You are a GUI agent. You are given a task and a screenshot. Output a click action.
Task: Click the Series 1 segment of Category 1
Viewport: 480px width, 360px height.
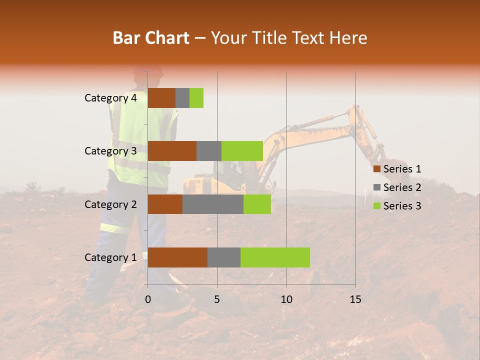(177, 257)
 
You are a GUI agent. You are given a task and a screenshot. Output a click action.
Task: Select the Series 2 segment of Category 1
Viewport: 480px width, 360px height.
(224, 257)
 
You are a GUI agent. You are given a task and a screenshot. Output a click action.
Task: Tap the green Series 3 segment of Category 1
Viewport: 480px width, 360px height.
(275, 257)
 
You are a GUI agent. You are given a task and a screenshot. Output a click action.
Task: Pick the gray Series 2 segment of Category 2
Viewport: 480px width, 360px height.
(213, 204)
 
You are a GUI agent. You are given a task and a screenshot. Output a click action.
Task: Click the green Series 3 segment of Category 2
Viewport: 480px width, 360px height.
(257, 204)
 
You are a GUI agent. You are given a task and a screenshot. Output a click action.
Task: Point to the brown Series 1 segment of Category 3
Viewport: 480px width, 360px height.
(172, 151)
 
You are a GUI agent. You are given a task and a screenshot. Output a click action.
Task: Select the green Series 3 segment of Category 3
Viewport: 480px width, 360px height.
(242, 151)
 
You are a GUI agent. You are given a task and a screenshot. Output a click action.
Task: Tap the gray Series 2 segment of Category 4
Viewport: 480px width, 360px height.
(182, 98)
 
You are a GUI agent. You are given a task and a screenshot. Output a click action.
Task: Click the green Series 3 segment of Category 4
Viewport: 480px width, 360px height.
(196, 98)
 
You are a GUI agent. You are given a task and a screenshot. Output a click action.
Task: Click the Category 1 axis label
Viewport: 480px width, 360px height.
(110, 257)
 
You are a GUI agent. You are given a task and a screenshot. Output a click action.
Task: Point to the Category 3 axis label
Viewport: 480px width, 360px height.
(110, 151)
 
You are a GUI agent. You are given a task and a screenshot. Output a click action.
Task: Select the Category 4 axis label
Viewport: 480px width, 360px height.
(110, 98)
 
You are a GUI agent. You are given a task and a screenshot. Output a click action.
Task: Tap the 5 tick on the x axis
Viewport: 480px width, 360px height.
(217, 299)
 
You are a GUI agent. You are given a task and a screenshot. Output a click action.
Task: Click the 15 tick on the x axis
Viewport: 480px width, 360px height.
(355, 299)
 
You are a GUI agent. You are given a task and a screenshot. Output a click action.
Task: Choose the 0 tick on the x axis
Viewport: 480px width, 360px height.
(148, 299)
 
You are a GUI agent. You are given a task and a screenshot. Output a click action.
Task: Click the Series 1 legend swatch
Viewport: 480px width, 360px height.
(376, 169)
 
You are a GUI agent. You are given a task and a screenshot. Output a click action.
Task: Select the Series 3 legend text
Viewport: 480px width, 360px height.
(402, 206)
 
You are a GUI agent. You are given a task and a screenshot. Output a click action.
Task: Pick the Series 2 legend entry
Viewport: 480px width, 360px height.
(397, 187)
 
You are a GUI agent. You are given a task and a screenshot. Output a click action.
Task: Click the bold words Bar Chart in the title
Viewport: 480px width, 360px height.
(151, 38)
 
